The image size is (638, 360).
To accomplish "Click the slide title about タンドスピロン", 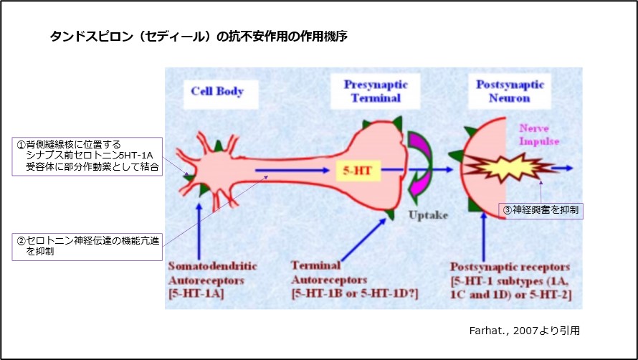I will coord(198,36).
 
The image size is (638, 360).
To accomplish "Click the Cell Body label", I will coord(217,92).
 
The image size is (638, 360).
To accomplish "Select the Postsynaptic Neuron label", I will coord(503,92).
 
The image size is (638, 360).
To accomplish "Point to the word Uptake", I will coord(428,215).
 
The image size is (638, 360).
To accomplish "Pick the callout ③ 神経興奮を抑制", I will coord(541,211).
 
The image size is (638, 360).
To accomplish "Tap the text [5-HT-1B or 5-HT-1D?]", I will coord(356,295).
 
